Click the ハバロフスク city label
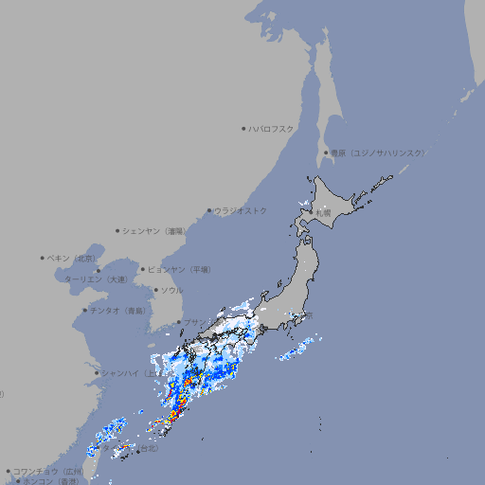(x=272, y=128)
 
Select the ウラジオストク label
(x=241, y=210)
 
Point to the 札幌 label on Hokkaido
(x=324, y=213)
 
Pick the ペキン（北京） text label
(x=72, y=258)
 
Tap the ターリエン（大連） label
(x=96, y=279)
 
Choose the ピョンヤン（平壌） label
(x=180, y=269)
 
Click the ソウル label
(x=171, y=291)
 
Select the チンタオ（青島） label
(x=118, y=310)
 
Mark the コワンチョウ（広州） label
(x=48, y=471)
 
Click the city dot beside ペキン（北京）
(x=43, y=258)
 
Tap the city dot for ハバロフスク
(x=243, y=128)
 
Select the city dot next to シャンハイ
(x=97, y=373)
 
